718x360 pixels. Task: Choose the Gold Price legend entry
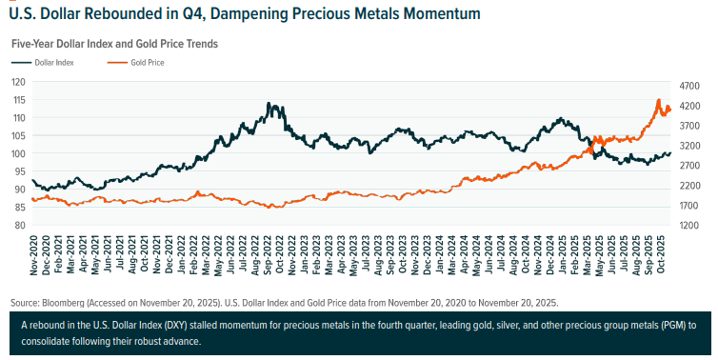coord(150,62)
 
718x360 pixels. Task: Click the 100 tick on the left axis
coord(19,153)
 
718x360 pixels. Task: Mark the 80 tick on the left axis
coord(19,226)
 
